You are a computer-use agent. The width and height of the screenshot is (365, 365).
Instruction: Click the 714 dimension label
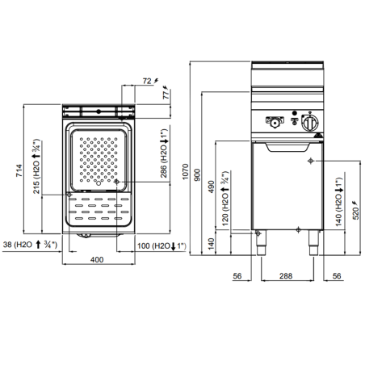19,170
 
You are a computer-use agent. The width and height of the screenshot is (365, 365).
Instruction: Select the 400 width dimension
97,260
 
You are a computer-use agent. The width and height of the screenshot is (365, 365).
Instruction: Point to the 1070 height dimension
186,171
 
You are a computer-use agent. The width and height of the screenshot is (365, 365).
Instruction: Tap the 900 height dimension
197,174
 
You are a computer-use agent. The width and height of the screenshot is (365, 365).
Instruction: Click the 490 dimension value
212,187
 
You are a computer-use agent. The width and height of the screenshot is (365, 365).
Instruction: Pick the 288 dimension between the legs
286,276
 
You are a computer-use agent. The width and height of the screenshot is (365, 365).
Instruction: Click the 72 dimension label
147,81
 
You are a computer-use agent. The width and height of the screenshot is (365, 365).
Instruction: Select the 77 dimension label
166,95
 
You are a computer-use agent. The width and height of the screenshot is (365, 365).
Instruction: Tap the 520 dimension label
356,213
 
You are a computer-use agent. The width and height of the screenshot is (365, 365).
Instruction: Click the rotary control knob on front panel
310,123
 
